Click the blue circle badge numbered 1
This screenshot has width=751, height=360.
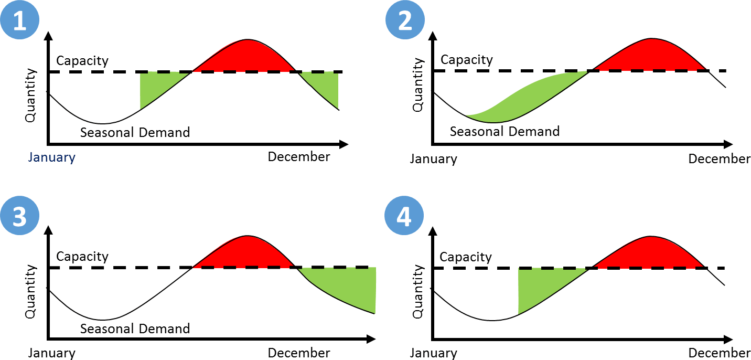click(x=19, y=22)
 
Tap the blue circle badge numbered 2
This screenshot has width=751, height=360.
click(x=405, y=22)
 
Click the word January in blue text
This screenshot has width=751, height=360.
click(x=51, y=157)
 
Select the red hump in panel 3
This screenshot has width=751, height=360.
click(x=244, y=254)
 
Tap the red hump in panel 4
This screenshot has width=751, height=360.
click(x=650, y=254)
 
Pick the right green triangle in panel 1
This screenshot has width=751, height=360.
click(x=325, y=86)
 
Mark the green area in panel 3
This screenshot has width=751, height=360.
click(x=351, y=287)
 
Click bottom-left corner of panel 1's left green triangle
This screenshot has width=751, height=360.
click(x=141, y=109)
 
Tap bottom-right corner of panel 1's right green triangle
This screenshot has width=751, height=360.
click(x=338, y=109)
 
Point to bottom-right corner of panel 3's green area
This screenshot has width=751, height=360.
click(x=375, y=313)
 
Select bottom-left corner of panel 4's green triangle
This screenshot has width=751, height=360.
click(x=519, y=314)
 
